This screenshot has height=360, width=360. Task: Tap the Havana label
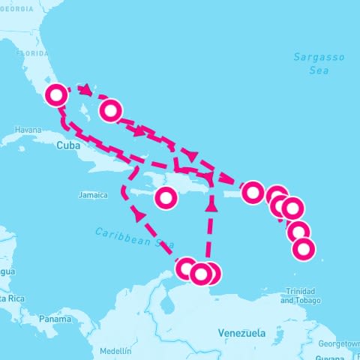point(28,130)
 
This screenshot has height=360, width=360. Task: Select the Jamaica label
point(94,195)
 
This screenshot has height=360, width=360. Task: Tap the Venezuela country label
point(241,331)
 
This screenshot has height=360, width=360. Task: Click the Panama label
point(55,319)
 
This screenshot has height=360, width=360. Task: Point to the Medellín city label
point(115,351)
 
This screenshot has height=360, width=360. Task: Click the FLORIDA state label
point(32,54)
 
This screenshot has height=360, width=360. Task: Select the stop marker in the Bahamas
point(111,111)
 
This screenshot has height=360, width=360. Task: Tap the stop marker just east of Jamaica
point(166,198)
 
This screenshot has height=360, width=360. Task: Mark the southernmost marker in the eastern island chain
point(303,249)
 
